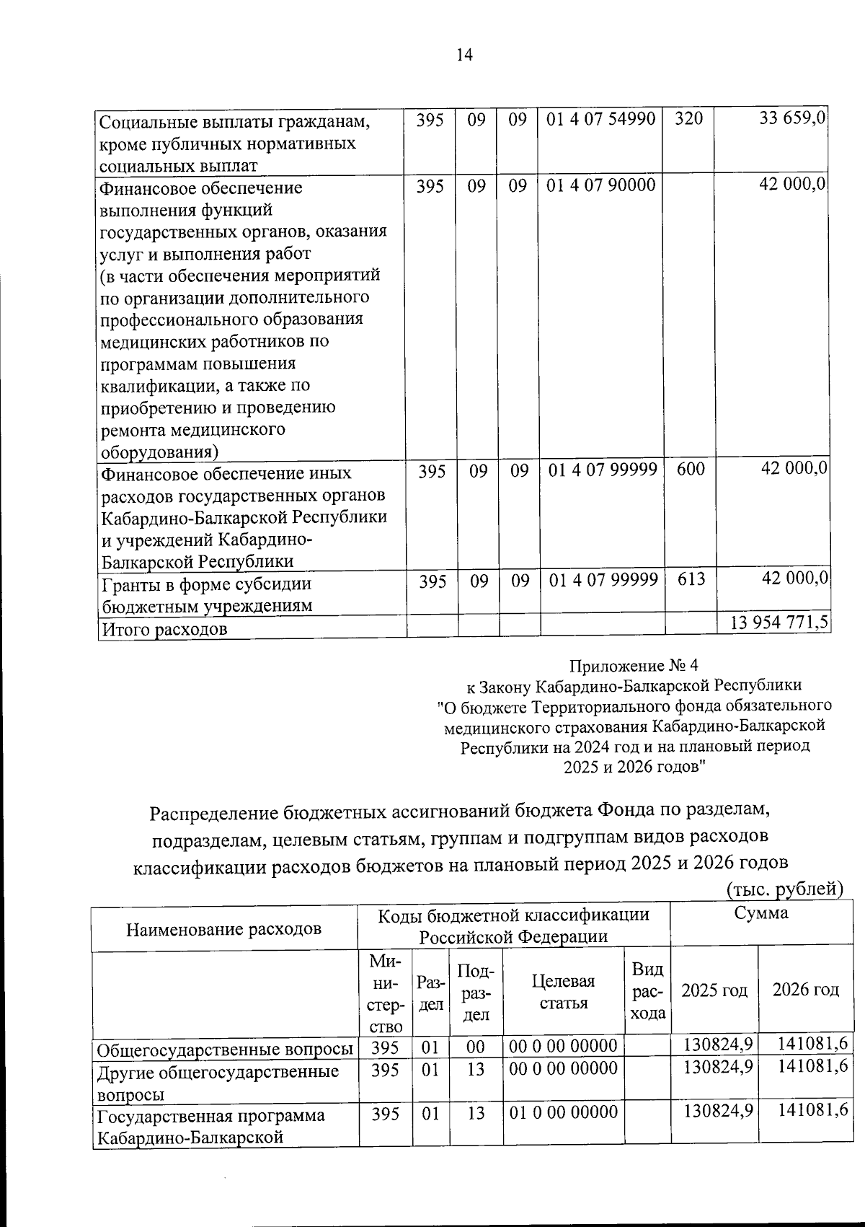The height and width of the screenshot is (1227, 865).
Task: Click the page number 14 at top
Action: [464, 55]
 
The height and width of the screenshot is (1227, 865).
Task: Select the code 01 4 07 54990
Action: [600, 119]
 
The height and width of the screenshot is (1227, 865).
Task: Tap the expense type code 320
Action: [688, 119]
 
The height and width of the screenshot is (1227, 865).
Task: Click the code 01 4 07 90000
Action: [600, 185]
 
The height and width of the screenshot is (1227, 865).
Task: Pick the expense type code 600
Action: [691, 470]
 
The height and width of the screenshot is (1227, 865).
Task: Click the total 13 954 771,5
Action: [778, 623]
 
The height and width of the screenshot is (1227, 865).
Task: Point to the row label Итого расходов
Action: [164, 630]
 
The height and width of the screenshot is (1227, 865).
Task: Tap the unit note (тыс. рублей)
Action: [784, 889]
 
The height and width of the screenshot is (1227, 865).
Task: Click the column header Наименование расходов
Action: [223, 928]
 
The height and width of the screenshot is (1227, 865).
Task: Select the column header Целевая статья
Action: [563, 992]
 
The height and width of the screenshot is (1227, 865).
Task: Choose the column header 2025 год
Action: [714, 990]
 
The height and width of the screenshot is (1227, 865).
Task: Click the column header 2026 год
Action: [805, 989]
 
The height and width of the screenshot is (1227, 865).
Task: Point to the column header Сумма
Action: [760, 913]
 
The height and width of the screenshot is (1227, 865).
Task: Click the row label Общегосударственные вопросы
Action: [225, 1048]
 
